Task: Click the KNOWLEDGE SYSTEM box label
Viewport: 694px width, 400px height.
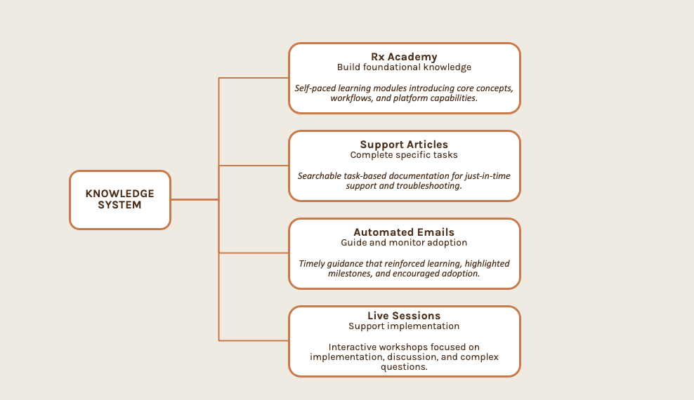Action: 120,199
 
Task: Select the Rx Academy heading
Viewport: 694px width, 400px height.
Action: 404,57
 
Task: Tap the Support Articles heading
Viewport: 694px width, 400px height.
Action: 404,145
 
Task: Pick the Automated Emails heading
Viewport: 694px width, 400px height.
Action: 404,232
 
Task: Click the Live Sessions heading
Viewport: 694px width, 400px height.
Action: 404,316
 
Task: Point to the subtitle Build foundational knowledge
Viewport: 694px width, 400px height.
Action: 404,67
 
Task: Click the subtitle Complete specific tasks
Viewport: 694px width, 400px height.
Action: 404,155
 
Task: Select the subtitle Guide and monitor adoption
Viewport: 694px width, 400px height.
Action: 404,243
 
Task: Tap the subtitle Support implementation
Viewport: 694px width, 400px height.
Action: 404,326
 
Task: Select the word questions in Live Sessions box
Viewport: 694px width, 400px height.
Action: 404,367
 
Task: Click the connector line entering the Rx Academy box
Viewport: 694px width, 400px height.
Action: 254,78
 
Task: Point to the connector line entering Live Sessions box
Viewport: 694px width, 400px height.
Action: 254,340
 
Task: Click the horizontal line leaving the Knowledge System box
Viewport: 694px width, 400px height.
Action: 195,199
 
